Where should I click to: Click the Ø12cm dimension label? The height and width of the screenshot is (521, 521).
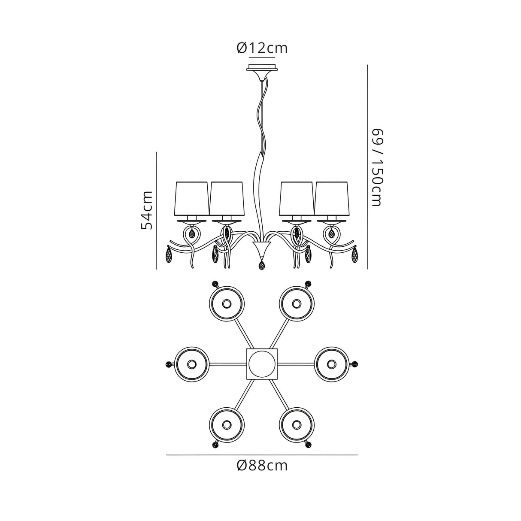point(262,48)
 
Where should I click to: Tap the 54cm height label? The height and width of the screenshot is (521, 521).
point(147,210)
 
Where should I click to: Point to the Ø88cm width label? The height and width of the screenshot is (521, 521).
point(262,465)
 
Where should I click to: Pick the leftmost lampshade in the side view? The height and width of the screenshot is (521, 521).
point(193,198)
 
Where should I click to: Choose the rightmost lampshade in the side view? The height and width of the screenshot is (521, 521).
point(331,198)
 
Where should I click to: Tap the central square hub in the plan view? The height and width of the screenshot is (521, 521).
point(262,364)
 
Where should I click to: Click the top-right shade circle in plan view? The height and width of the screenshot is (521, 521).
point(297,304)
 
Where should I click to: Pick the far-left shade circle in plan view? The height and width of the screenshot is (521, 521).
point(191,364)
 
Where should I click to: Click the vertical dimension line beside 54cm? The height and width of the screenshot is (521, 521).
point(158,210)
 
